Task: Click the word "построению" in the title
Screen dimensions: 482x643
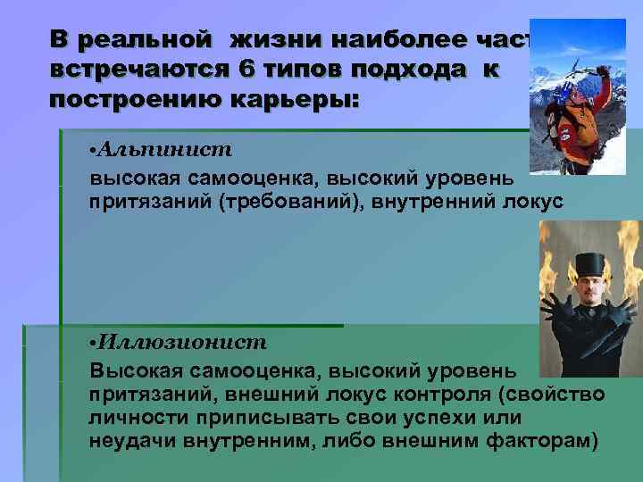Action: click(x=126, y=98)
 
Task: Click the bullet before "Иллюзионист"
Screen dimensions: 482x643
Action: click(x=93, y=343)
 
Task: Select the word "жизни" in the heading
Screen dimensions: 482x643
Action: click(x=267, y=40)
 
